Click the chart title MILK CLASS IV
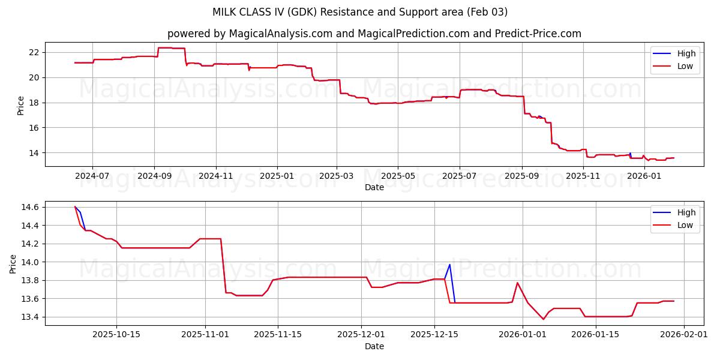[360, 12]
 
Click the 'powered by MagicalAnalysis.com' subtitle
[374, 34]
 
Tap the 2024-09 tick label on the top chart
[154, 176]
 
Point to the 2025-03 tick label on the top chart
[337, 176]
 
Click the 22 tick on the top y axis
[33, 52]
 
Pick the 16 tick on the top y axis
[33, 128]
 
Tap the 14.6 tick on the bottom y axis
[30, 208]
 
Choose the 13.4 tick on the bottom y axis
[30, 317]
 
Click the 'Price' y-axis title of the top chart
[21, 106]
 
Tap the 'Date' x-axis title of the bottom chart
[374, 346]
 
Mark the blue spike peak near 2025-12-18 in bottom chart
[449, 265]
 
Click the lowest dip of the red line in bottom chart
[544, 319]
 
